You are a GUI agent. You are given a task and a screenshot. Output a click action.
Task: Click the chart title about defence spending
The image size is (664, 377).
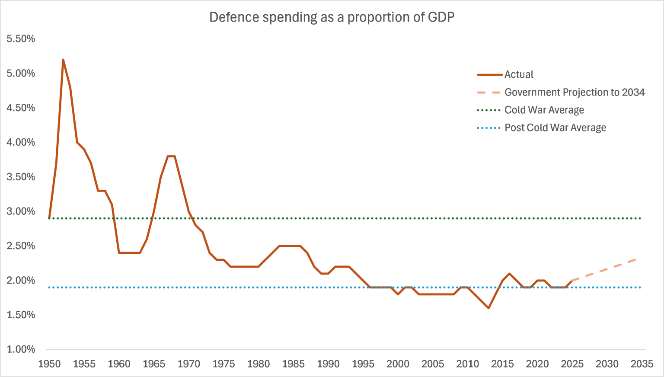tap(332, 17)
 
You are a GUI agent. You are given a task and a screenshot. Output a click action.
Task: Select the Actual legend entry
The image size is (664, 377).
tap(519, 74)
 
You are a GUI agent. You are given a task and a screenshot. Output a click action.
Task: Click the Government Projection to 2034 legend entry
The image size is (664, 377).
tap(574, 92)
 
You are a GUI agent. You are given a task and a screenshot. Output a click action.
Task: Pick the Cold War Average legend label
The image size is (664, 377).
tap(544, 110)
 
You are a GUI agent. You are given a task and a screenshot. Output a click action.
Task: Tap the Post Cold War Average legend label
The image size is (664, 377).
tap(555, 128)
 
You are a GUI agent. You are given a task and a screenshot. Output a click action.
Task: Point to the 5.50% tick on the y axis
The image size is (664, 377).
tap(21, 39)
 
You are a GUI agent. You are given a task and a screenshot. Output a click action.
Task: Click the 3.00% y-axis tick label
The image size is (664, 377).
tap(21, 211)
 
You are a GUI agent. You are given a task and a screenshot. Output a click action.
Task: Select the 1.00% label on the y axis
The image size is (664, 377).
tap(21, 349)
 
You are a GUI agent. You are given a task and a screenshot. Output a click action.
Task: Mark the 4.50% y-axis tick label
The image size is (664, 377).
tap(21, 108)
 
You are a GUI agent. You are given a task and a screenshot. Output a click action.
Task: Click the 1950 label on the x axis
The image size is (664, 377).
tap(49, 364)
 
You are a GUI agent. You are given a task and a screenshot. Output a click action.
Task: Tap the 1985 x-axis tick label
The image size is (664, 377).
tap(294, 364)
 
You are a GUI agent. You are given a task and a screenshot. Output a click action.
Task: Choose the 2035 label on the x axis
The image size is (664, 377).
tap(642, 364)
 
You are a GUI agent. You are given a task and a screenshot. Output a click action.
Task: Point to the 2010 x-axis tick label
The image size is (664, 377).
tap(467, 364)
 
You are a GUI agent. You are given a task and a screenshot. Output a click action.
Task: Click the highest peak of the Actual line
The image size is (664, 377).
tap(63, 60)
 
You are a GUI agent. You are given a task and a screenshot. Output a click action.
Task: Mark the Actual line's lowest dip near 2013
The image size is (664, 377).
tap(488, 308)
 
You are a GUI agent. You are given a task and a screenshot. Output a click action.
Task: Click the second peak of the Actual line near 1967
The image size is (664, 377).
tap(171, 156)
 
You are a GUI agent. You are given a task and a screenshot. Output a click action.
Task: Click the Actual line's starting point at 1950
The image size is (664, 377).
tap(49, 218)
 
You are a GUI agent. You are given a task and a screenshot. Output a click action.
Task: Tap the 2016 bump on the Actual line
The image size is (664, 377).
tap(509, 273)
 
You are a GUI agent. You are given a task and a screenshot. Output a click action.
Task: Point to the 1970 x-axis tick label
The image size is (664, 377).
tap(189, 364)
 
